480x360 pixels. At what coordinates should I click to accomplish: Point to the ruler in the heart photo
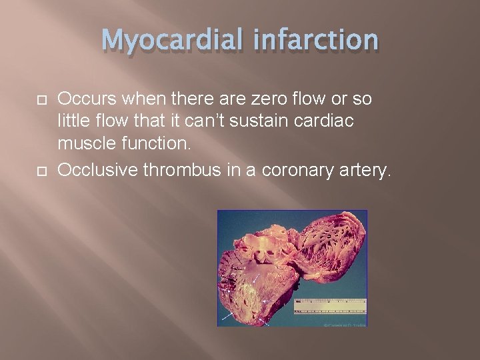[330, 306]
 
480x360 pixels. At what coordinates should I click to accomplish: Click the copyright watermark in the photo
[345, 324]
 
